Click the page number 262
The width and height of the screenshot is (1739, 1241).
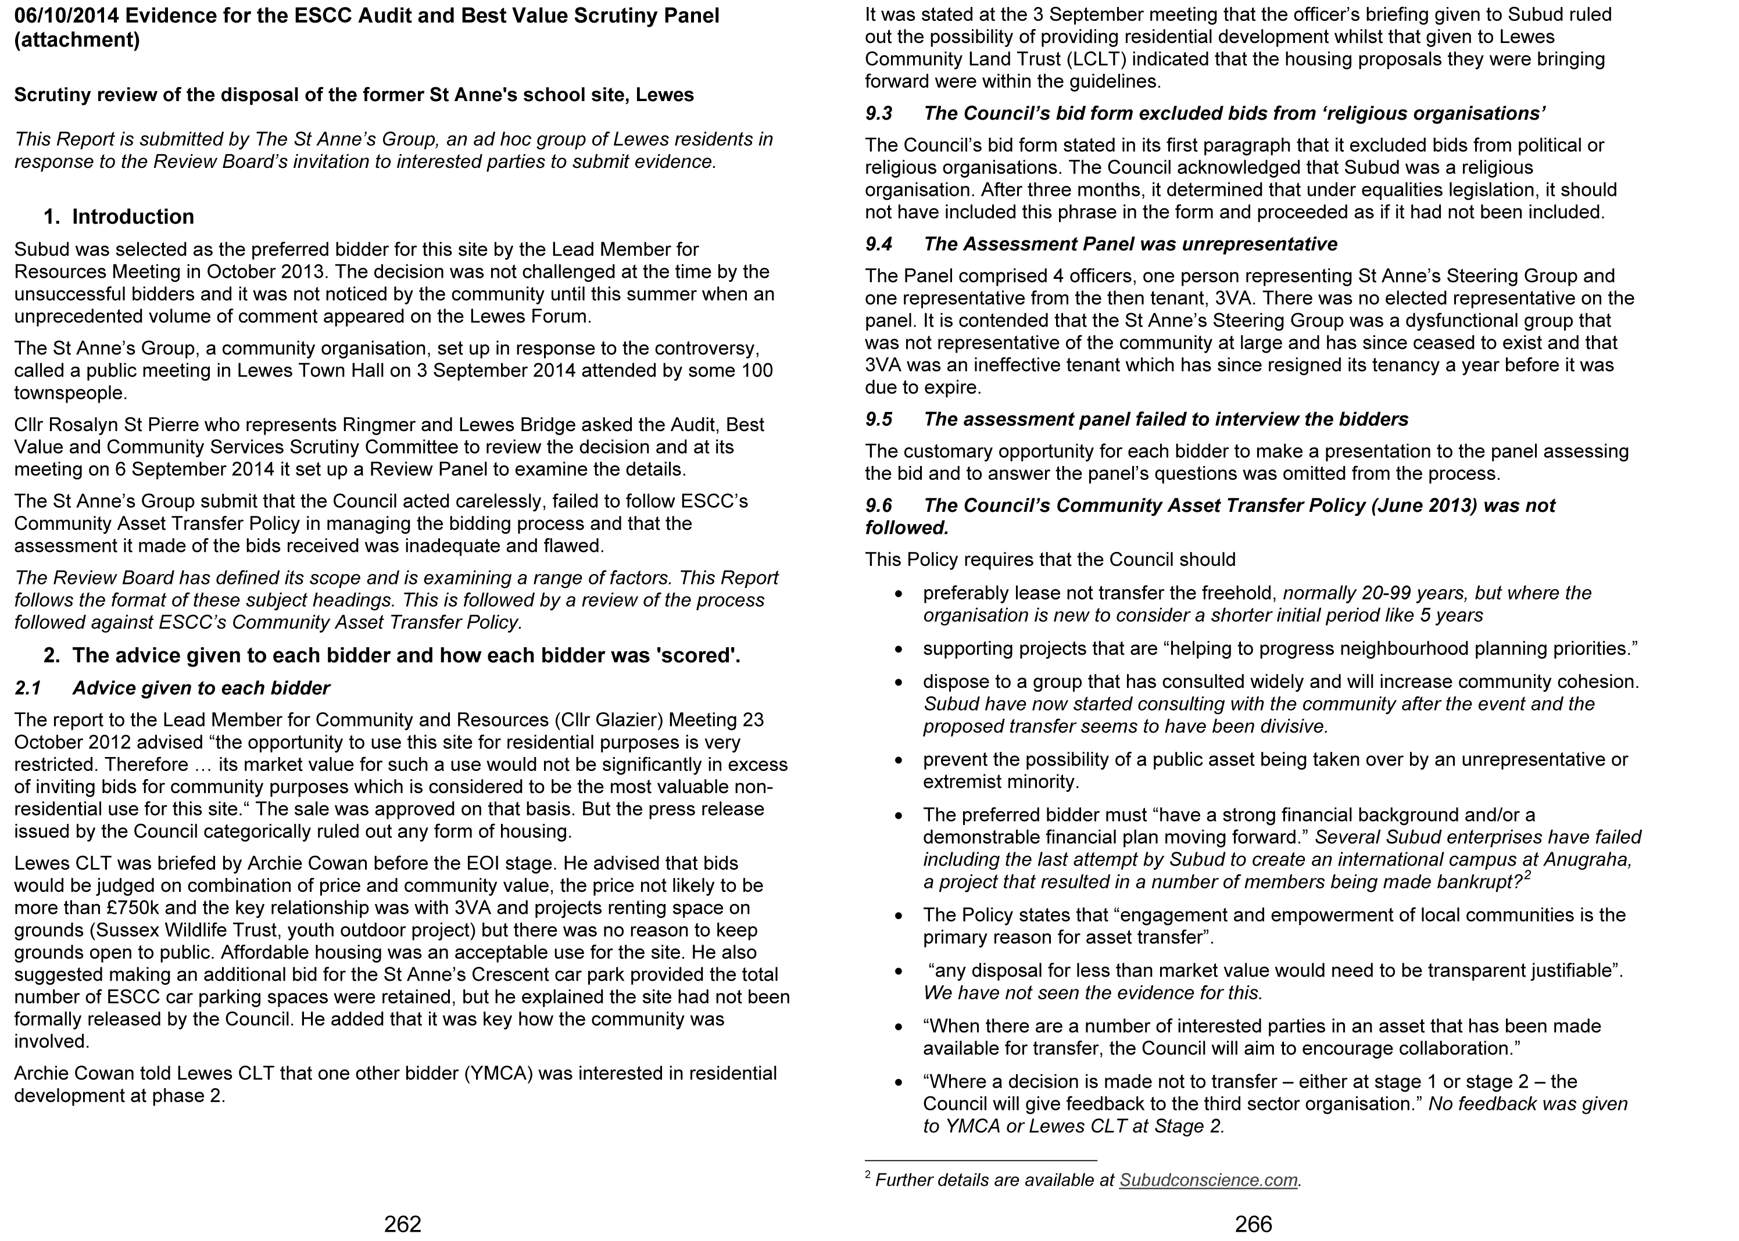click(x=402, y=1224)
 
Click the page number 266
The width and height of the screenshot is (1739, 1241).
click(x=1253, y=1224)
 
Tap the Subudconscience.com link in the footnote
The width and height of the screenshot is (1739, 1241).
click(x=1208, y=1180)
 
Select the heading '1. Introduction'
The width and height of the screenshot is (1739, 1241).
click(x=119, y=217)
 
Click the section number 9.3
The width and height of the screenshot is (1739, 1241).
click(x=878, y=114)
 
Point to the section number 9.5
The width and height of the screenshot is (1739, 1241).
click(x=878, y=419)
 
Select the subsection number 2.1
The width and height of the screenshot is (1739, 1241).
click(x=27, y=688)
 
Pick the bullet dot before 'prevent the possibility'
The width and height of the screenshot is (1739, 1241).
click(x=900, y=761)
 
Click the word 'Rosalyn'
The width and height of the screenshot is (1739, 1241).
click(x=80, y=425)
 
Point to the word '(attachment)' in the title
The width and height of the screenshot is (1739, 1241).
click(x=77, y=40)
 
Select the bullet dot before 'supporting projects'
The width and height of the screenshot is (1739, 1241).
click(x=900, y=650)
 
